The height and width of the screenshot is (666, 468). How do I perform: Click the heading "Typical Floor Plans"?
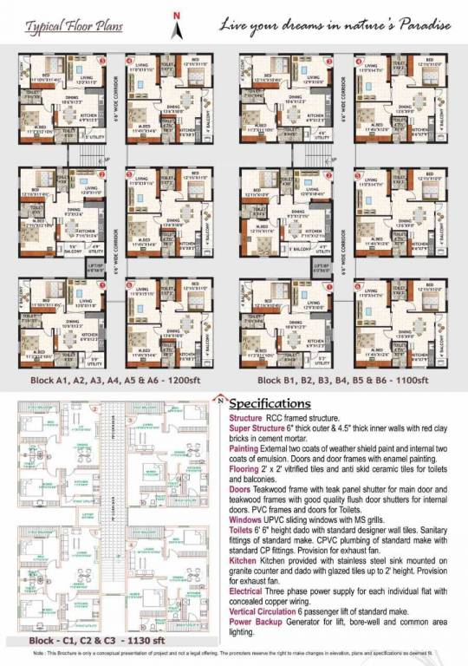(x=62, y=27)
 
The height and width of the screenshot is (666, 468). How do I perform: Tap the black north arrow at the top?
(x=177, y=29)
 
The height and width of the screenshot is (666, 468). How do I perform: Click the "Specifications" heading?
(x=272, y=404)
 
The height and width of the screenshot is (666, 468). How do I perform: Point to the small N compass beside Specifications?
(x=224, y=400)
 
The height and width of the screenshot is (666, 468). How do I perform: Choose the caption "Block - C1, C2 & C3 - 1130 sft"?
(x=76, y=643)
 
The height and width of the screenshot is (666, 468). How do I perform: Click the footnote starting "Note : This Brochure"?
(x=234, y=660)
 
